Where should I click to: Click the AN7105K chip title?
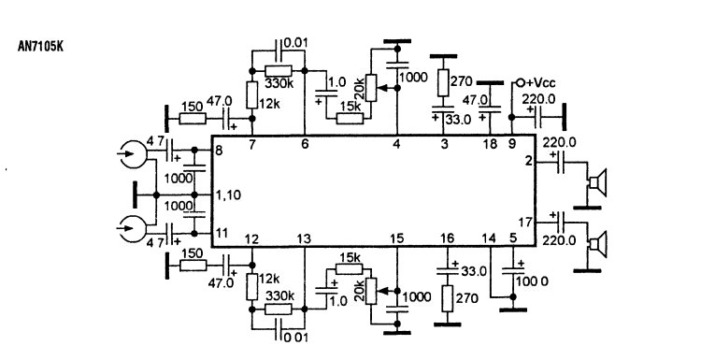pyautogui.click(x=40, y=47)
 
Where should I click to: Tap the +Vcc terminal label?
pyautogui.click(x=540, y=83)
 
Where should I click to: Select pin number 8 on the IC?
pyautogui.click(x=219, y=151)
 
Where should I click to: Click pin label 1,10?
pyautogui.click(x=228, y=195)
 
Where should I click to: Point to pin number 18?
pyautogui.click(x=490, y=144)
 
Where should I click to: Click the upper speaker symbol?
pyautogui.click(x=597, y=182)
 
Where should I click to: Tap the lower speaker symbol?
pyautogui.click(x=597, y=245)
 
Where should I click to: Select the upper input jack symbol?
pyautogui.click(x=134, y=154)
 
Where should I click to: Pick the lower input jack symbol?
pyautogui.click(x=134, y=228)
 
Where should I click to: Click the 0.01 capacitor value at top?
pyautogui.click(x=296, y=43)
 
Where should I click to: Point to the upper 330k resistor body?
pyautogui.click(x=279, y=71)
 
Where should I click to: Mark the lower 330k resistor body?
pyautogui.click(x=279, y=309)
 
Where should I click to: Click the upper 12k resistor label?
pyautogui.click(x=269, y=104)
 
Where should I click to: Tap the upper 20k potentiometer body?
pyautogui.click(x=371, y=88)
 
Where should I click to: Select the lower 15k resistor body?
pyautogui.click(x=350, y=268)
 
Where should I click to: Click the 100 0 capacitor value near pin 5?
pyautogui.click(x=532, y=281)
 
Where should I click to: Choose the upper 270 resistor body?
pyautogui.click(x=443, y=82)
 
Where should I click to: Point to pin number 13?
pyautogui.click(x=304, y=239)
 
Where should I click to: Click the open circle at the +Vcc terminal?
pyautogui.click(x=521, y=83)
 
